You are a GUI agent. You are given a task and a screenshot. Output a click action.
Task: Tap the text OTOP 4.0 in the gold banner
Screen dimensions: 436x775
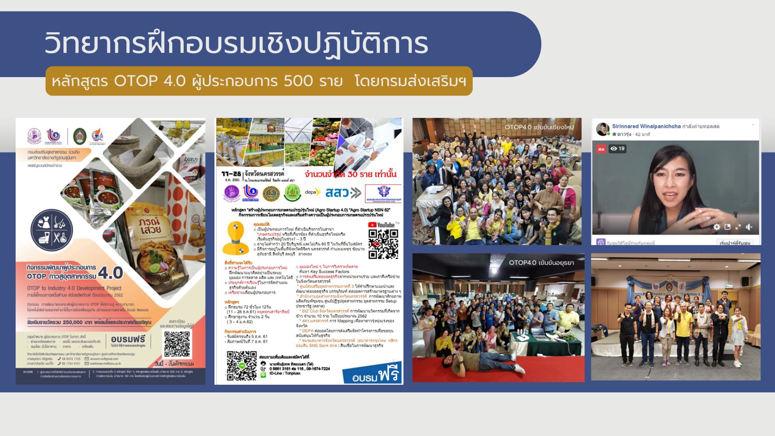150,81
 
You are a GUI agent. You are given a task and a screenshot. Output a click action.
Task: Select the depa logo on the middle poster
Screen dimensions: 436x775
312,192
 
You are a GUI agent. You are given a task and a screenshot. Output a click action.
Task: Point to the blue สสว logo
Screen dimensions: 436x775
343,193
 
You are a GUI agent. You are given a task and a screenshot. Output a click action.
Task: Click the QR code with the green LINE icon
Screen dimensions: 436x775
241,366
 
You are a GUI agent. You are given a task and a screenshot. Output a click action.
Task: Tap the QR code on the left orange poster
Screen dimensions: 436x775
177,344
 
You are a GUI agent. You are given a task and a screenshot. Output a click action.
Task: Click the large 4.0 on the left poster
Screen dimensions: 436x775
110,273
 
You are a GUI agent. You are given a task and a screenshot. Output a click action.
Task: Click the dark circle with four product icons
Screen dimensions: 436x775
52,230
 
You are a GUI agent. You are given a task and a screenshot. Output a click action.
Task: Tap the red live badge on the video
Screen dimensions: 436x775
601,149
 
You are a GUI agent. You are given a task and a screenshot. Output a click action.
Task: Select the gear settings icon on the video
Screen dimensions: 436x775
716,227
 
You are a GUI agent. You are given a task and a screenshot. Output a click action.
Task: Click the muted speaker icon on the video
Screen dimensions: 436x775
749,227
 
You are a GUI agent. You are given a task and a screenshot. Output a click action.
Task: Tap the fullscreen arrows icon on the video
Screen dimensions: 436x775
738,227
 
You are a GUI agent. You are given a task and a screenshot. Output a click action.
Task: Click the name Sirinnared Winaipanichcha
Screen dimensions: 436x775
646,126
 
